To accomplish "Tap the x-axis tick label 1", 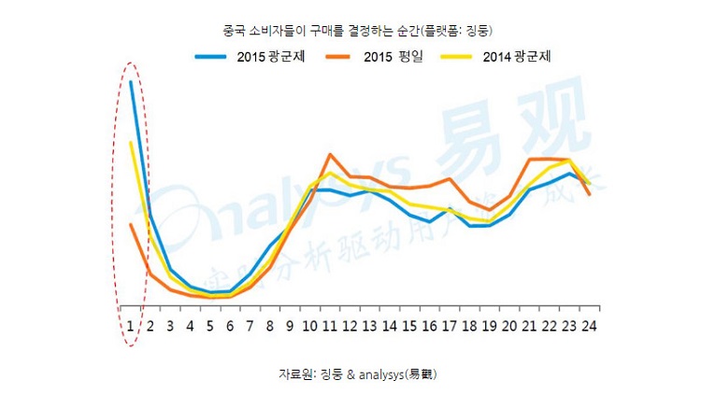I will coord(131,326).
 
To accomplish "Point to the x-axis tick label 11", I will coord(329,326).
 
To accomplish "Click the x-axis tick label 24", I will coord(589,326).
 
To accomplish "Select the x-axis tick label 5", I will coord(210,326).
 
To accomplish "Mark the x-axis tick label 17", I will coord(450,326).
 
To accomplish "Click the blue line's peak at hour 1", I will coord(131,82).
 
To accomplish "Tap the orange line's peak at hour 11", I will coord(331,155).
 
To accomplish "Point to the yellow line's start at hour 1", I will coord(131,143).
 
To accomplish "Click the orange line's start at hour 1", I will coord(131,224).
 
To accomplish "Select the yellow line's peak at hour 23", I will coord(569,161).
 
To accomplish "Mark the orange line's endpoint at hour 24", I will coord(589,194).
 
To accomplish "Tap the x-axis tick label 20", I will coord(509,326).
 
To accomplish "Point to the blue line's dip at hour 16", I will coord(429,221).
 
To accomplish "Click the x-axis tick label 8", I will coord(269,326).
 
